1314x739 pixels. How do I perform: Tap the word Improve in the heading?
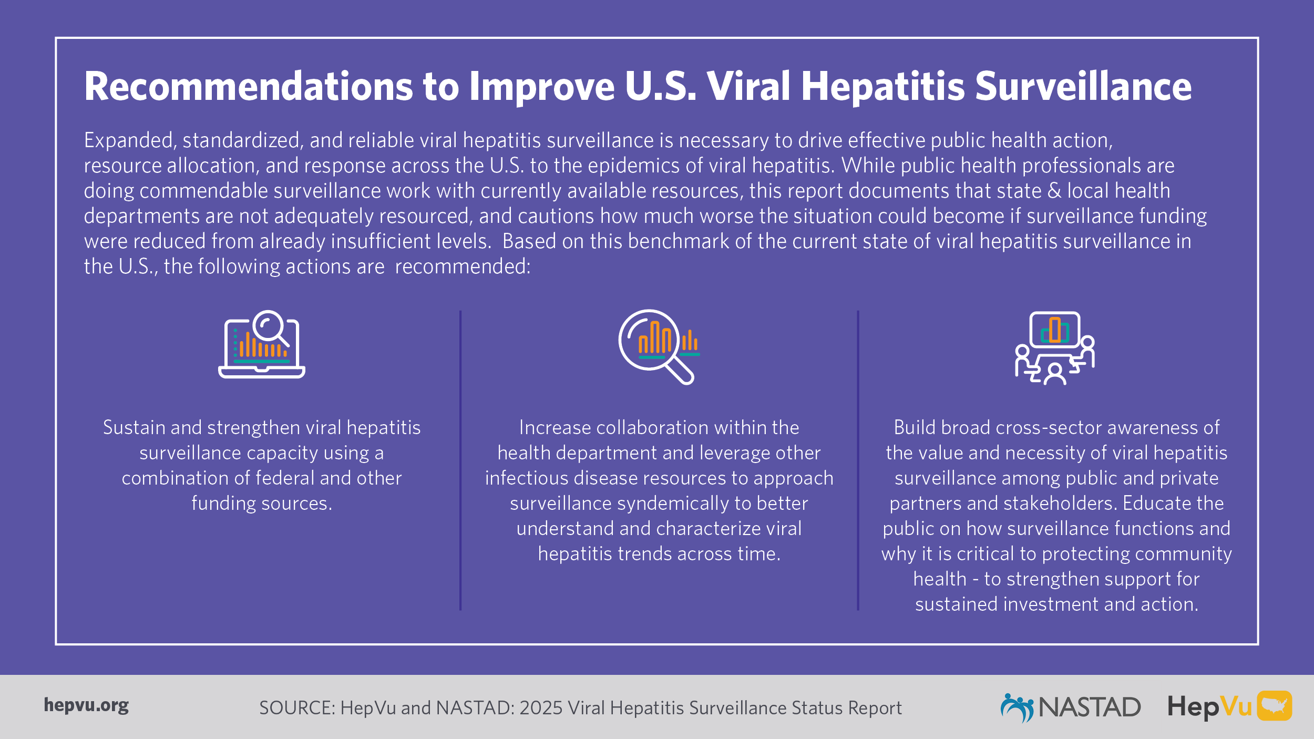541,87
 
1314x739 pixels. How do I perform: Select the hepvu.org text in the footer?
86,705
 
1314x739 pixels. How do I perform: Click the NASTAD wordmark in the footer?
1090,707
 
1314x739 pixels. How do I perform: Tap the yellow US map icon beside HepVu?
1275,705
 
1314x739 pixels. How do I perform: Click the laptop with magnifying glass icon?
262,344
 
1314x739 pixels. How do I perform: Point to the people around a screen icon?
1054,348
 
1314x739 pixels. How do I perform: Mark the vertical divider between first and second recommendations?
460,460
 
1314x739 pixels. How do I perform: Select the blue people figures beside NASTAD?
1017,707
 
